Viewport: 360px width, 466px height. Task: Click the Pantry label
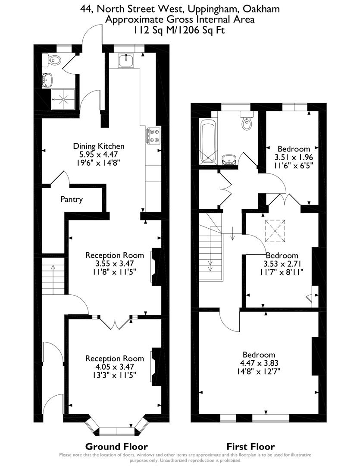[x=72, y=200]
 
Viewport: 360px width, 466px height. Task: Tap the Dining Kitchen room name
[x=99, y=146]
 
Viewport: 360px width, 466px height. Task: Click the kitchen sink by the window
[x=128, y=60]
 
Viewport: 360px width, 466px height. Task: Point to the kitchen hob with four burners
[x=153, y=135]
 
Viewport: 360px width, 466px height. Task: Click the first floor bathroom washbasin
[x=229, y=160]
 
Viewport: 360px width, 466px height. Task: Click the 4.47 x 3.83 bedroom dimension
[x=259, y=363]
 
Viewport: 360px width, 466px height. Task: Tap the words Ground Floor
[x=116, y=447]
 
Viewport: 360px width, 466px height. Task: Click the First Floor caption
[x=250, y=447]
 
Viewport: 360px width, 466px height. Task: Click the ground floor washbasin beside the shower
[x=47, y=79]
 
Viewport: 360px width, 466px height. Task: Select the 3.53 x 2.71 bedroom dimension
[x=282, y=264]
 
